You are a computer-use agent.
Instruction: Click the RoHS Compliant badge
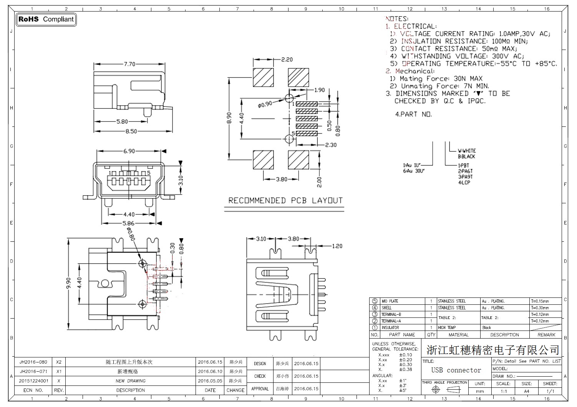tap(46, 19)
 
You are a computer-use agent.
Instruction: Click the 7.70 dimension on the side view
tap(129, 64)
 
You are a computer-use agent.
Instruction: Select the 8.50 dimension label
tap(131, 131)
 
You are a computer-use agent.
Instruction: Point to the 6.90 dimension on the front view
tap(129, 151)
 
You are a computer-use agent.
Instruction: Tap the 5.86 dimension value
tap(128, 223)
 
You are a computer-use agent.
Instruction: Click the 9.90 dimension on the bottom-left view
tap(69, 283)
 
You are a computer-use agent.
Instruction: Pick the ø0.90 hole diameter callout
tap(265, 104)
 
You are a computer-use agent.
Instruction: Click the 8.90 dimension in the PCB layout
tap(229, 118)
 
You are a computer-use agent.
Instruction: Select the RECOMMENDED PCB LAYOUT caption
tap(285, 201)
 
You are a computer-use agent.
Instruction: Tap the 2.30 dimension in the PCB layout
tap(330, 145)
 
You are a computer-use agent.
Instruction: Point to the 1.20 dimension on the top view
tap(337, 246)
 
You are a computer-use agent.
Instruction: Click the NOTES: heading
tap(397, 18)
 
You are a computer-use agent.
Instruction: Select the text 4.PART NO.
tap(413, 114)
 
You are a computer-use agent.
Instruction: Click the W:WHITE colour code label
tap(467, 151)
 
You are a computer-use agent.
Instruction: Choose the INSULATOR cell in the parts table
tap(390, 328)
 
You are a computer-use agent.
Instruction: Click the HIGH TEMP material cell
tap(447, 328)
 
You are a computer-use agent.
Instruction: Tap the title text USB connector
tap(456, 370)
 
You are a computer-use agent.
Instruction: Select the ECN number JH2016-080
tap(33, 362)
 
